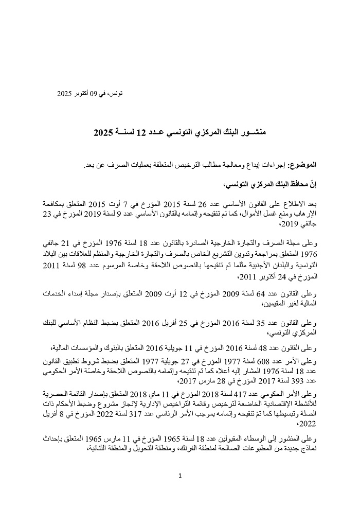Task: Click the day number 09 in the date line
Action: point(93,94)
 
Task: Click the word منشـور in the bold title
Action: point(252,133)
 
